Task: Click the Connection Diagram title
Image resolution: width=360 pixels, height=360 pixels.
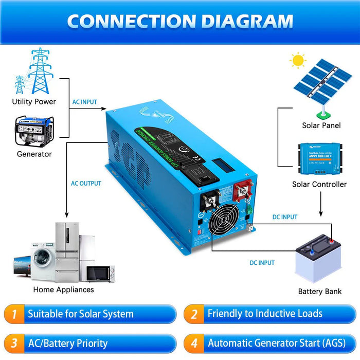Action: point(180,21)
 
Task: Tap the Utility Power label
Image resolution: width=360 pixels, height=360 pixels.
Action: point(34,102)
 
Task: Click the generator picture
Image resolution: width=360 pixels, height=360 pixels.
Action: point(34,131)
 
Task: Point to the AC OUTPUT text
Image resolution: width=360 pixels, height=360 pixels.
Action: point(86,183)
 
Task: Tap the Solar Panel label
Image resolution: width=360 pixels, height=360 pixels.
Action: point(321,125)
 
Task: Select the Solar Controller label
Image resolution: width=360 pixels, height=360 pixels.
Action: point(319,184)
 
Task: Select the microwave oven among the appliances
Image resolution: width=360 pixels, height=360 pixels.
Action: point(100,273)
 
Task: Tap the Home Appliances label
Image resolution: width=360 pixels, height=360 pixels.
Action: point(63,290)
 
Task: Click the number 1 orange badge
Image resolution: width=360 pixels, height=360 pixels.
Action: point(15,314)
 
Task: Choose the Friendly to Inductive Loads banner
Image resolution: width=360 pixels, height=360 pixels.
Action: point(265,314)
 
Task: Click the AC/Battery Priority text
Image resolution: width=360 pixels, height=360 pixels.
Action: point(68,344)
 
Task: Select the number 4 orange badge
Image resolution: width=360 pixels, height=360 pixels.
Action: point(194,344)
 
